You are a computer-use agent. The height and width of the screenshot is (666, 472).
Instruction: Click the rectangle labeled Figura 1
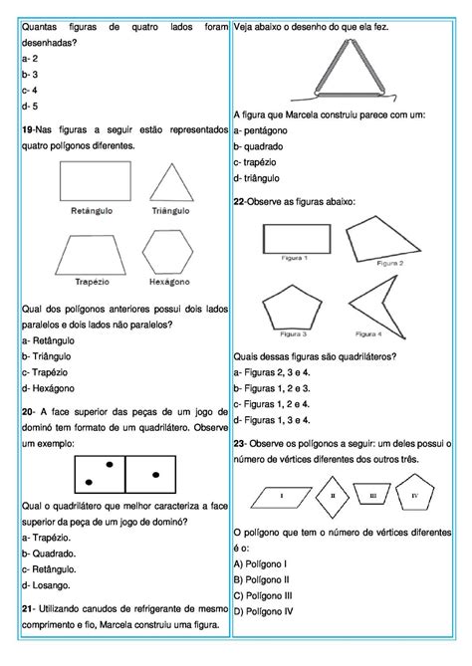(296, 239)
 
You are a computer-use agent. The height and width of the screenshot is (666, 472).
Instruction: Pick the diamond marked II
(330, 495)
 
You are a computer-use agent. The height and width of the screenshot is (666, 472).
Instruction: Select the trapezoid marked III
(371, 494)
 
